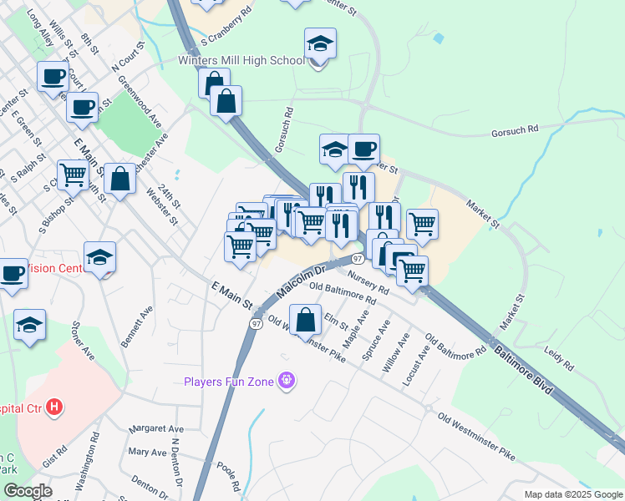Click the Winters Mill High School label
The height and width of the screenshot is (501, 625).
coord(241,60)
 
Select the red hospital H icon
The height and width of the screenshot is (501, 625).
coord(54,408)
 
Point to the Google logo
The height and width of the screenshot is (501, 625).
coord(28,491)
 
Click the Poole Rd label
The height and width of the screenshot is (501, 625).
coord(228,473)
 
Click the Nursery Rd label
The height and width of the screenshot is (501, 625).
coord(368,282)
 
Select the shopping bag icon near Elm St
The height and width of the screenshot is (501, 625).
coord(307,319)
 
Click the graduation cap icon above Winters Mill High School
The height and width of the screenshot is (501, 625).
coord(320,43)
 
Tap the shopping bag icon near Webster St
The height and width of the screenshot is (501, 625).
coord(120,178)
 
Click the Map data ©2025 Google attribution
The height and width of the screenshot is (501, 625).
coord(572,494)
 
